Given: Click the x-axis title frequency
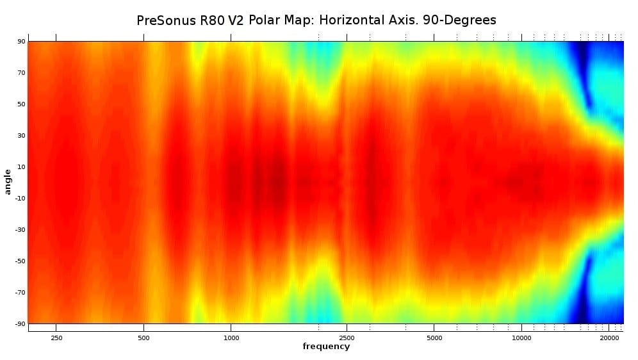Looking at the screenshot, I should (326, 347).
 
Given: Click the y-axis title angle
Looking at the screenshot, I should (8, 182).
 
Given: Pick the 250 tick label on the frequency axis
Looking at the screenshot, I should (56, 337).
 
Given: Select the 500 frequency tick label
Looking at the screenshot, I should (143, 337).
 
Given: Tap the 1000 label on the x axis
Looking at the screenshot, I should (231, 337).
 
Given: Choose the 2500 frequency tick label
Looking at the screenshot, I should (347, 337).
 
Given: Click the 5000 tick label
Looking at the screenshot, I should (434, 337).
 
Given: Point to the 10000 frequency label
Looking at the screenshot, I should (521, 337).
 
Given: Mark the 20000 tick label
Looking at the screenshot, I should (609, 337).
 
